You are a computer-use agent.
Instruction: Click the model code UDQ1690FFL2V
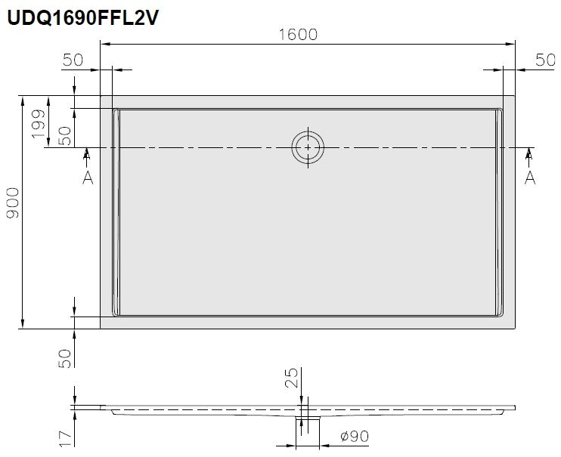tap(82, 17)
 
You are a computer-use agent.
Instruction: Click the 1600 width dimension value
tap(298, 35)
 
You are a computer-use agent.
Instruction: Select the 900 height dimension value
tap(14, 202)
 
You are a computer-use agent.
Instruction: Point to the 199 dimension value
tap(39, 124)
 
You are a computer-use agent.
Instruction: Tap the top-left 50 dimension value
tap(73, 60)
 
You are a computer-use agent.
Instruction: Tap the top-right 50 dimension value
tap(545, 60)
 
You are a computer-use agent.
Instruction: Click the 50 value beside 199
tap(65, 136)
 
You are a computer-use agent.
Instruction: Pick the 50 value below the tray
tap(65, 359)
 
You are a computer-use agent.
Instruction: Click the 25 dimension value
tap(292, 378)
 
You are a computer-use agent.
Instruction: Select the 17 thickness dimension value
tap(65, 438)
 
